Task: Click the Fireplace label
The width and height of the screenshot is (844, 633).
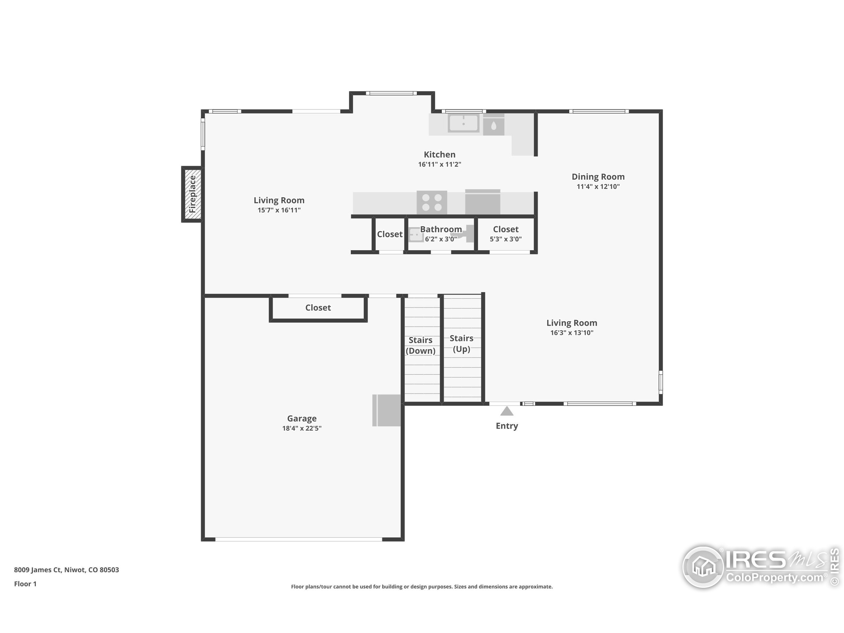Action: tap(193, 194)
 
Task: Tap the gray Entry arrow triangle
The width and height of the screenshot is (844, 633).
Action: tap(507, 411)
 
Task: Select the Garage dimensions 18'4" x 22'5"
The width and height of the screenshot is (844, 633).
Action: tap(302, 429)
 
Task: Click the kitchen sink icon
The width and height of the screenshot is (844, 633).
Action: tap(463, 124)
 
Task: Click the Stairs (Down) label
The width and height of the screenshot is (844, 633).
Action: tap(420, 345)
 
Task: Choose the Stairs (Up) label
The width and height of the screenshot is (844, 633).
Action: tap(461, 344)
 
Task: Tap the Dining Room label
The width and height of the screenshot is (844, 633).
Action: tap(598, 177)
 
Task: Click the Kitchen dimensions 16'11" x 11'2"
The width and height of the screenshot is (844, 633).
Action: tap(439, 165)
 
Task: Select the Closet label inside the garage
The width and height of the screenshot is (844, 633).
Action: tap(318, 308)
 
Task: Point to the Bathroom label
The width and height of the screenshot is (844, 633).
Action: tap(441, 229)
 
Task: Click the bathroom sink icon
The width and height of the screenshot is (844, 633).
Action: tap(415, 235)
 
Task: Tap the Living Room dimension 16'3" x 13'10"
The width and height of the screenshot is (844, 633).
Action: tap(572, 333)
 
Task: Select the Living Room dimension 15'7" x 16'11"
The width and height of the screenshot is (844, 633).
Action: tap(279, 210)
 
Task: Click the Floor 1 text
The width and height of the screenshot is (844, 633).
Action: tap(25, 584)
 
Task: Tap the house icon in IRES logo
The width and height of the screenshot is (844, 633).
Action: tap(703, 567)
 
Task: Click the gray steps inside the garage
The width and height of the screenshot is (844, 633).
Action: tap(386, 410)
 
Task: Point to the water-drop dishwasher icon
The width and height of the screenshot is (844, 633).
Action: tap(494, 126)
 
